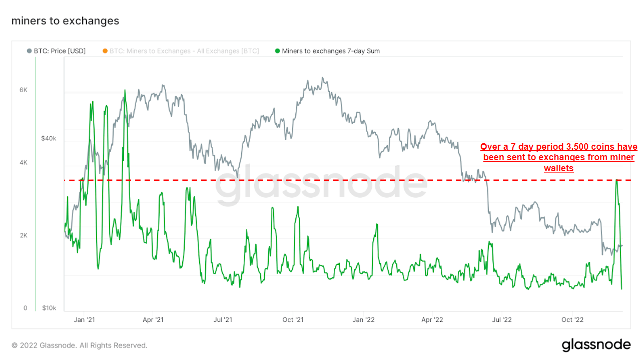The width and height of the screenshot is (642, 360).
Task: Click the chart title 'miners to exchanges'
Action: point(65,21)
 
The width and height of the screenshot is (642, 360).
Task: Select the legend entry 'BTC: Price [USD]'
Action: point(56,51)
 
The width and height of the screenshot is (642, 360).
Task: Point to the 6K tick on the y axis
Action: point(24,90)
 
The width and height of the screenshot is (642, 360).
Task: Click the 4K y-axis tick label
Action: point(24,163)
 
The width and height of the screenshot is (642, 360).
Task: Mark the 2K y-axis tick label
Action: point(24,235)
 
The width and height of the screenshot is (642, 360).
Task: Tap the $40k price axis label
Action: point(49,138)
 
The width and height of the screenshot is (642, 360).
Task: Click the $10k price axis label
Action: point(49,308)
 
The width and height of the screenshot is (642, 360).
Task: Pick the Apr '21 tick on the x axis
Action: point(153,319)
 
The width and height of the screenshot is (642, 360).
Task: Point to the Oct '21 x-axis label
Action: point(293,319)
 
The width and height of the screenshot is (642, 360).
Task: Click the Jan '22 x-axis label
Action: point(363,319)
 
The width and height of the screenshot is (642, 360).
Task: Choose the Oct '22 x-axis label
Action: point(572,319)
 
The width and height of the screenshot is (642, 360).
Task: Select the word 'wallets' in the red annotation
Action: point(558,168)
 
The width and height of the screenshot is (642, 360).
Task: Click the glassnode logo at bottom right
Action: point(595,344)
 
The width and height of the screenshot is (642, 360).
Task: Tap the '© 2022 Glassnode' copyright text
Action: point(80,345)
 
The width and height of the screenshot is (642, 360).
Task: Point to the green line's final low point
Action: point(621,289)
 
